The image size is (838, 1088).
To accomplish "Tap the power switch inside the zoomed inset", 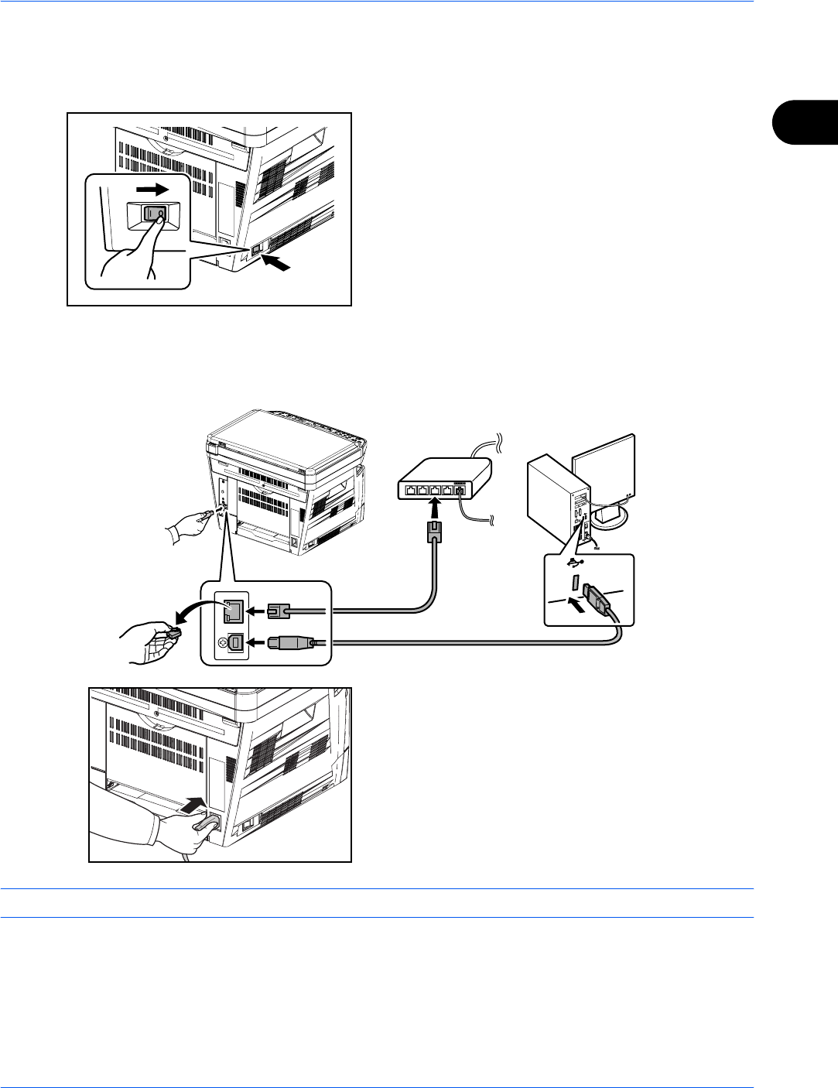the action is click(154, 216).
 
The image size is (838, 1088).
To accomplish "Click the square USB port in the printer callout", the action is click(231, 642).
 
